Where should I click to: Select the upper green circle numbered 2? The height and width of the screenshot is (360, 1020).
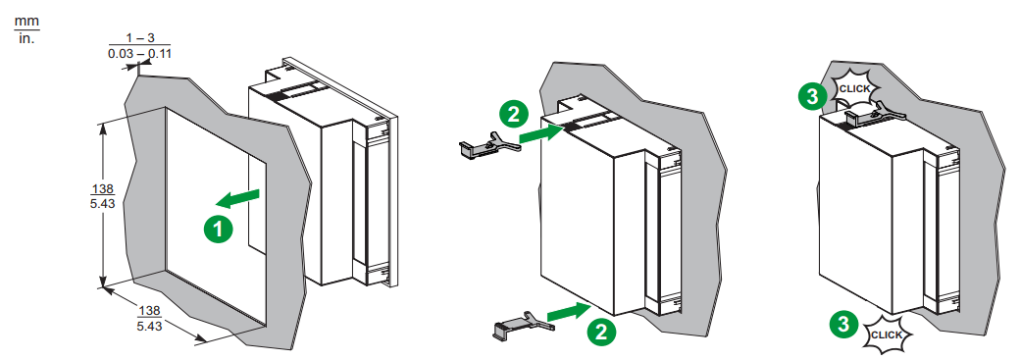coord(513,115)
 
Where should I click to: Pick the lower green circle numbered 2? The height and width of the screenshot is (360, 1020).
coord(601,332)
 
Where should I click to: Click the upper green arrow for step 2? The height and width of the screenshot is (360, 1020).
coord(541,134)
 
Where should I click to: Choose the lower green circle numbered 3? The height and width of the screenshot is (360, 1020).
coord(843,324)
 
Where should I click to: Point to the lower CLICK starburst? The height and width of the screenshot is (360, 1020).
coord(886,334)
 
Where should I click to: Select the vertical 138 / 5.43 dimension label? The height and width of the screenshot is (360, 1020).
coord(103,195)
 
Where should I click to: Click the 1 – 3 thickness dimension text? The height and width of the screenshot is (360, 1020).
coord(140,38)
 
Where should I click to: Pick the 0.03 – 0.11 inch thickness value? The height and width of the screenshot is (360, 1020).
coord(140,53)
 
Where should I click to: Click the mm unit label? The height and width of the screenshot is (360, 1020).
coord(26,22)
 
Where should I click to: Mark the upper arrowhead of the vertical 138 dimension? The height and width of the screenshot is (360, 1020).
coord(103,124)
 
